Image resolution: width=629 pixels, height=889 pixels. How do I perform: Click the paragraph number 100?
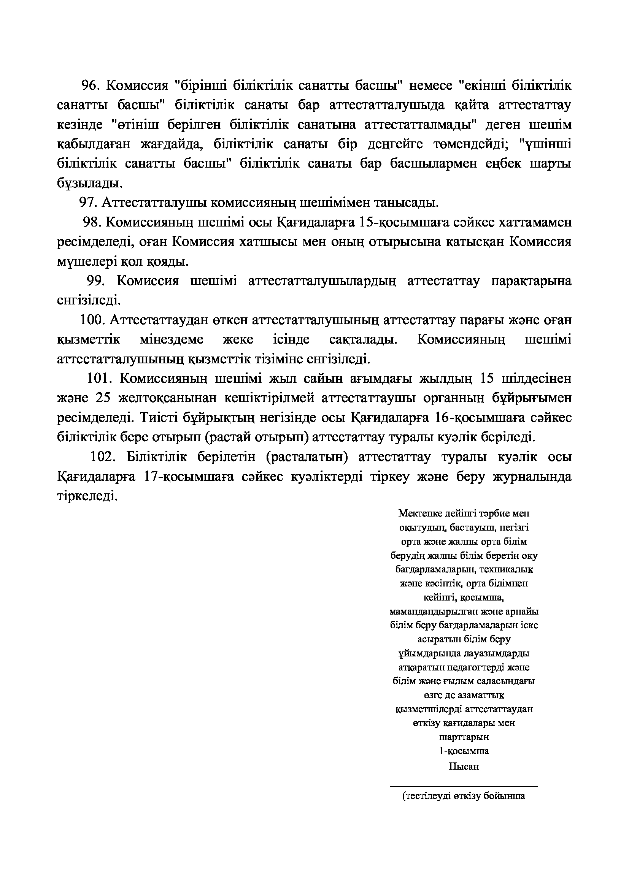(x=93, y=320)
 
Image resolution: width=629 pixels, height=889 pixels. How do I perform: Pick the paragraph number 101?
(x=99, y=378)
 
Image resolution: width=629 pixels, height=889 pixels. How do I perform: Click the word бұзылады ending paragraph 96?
(x=89, y=183)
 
